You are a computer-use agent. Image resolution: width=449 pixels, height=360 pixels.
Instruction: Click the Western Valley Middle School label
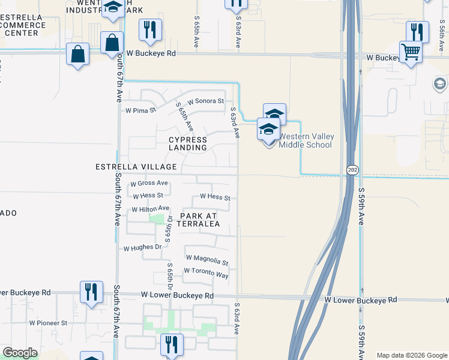point(306,140)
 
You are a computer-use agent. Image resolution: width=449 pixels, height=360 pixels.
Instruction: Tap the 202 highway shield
point(352,170)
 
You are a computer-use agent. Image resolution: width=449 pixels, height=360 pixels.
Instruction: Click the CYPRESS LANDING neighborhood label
point(187,143)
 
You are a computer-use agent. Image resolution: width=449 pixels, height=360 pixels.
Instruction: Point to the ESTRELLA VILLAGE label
point(136,166)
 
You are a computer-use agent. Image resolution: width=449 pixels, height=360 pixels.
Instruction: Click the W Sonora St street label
point(205,101)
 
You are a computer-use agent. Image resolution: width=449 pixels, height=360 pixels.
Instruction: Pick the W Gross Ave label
point(149,183)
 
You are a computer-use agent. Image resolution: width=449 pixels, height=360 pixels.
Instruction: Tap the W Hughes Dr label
point(143,247)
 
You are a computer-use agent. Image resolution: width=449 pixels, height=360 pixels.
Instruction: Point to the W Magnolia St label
point(207,260)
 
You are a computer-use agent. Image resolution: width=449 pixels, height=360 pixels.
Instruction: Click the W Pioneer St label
point(49,323)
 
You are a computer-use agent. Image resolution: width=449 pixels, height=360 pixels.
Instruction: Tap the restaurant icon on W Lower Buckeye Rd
point(91,292)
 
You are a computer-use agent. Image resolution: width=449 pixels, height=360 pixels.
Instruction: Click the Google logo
point(20,353)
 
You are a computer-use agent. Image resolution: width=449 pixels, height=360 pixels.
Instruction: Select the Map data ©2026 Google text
point(412,355)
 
